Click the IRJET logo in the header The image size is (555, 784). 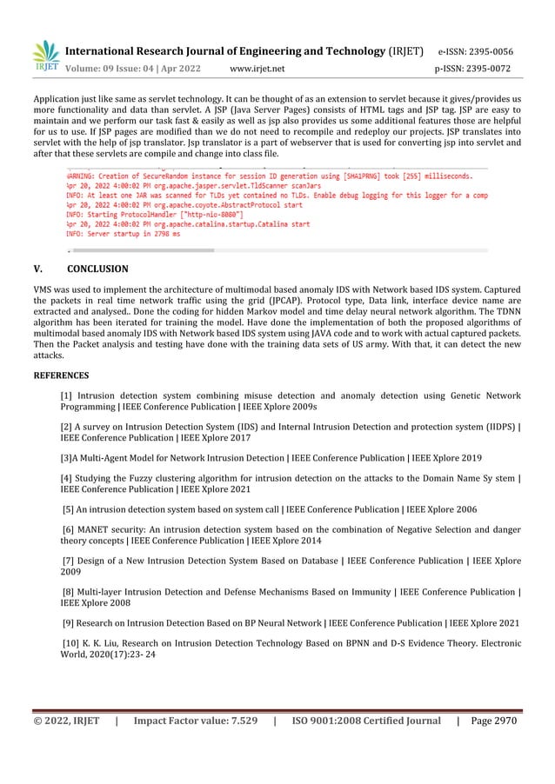45,56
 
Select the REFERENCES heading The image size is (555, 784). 61,375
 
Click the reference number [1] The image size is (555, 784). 66,395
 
